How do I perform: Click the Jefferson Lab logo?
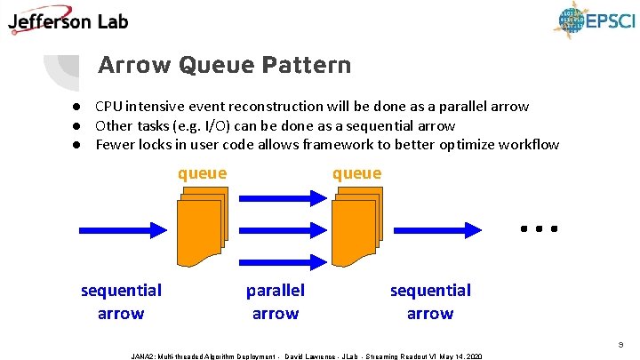click(69, 20)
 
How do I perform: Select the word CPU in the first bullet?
click(109, 107)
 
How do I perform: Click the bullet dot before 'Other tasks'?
click(77, 125)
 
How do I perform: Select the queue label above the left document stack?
click(202, 173)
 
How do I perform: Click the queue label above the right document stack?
click(356, 173)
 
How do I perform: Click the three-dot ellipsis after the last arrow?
click(540, 229)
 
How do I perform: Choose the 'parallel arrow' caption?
click(276, 301)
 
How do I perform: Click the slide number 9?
click(621, 340)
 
